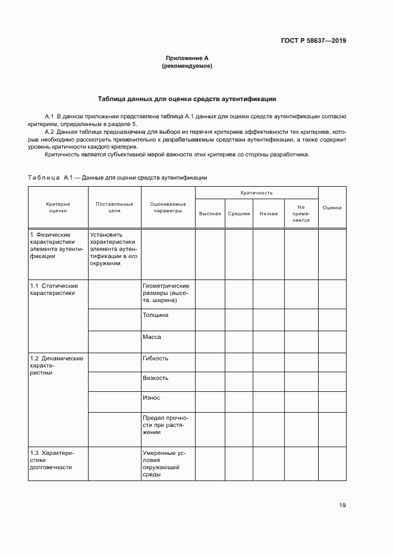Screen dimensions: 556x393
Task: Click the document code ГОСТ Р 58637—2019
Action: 313,41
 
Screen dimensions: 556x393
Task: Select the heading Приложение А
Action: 187,58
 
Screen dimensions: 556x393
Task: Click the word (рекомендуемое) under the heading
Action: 187,66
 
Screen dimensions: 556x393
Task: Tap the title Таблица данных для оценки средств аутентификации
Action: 187,99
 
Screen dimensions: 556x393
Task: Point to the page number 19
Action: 342,505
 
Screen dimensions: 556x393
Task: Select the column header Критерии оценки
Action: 58,207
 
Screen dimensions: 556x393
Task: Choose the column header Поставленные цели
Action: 114,207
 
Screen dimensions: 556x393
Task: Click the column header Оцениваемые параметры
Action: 168,207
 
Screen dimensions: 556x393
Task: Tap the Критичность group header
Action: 256,193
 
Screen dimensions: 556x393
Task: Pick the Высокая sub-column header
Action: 210,213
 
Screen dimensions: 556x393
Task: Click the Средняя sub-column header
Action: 238,213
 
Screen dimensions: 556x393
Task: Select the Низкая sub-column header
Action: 268,213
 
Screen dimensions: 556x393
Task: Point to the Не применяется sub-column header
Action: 301,213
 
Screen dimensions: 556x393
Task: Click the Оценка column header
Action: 332,207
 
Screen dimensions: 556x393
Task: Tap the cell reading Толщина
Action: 155,315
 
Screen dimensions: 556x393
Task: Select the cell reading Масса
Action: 152,337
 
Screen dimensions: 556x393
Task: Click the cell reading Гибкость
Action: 155,359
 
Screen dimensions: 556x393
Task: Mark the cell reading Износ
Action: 151,397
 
